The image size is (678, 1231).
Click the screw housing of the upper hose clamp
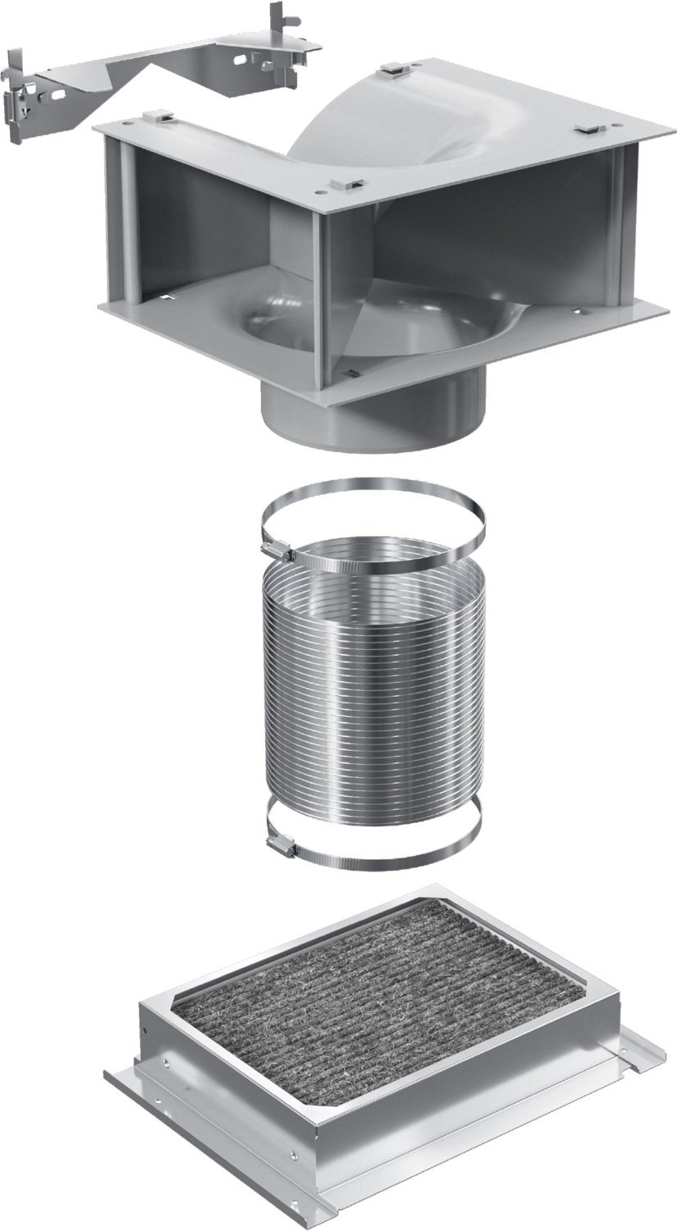pos(277,551)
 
